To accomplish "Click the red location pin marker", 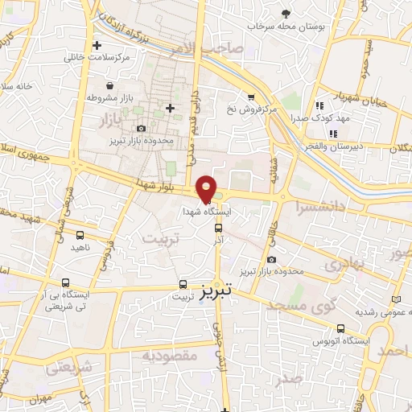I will (x=207, y=188).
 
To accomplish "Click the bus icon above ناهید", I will (x=80, y=235).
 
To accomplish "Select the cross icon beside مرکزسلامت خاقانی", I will (x=97, y=45).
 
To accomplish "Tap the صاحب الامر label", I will (x=212, y=51).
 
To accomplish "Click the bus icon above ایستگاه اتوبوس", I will (x=341, y=328).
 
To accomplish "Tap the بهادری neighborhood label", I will (x=348, y=263).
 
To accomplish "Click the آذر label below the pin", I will (x=217, y=239).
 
